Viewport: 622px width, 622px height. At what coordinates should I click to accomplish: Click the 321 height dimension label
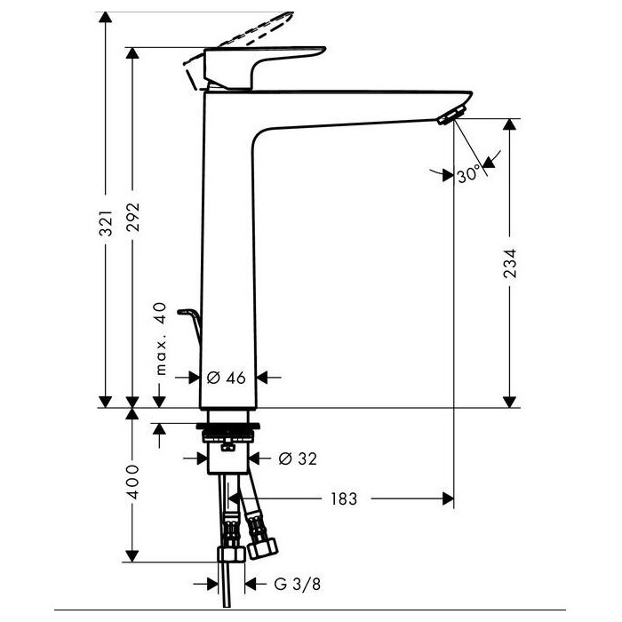tap(106, 223)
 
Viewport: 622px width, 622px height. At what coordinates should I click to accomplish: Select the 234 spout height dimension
tap(510, 263)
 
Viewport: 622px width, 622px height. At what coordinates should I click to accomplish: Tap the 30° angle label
tap(468, 174)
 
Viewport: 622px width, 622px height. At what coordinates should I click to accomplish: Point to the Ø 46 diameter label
tap(227, 378)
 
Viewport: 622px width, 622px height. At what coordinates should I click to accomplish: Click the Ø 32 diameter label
tap(298, 459)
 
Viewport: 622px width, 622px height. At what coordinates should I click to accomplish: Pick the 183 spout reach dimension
tap(344, 498)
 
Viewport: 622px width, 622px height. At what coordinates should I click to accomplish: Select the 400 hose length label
tap(133, 482)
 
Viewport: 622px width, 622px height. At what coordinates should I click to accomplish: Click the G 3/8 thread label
tap(297, 584)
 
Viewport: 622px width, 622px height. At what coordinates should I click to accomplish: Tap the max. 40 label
tap(160, 339)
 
